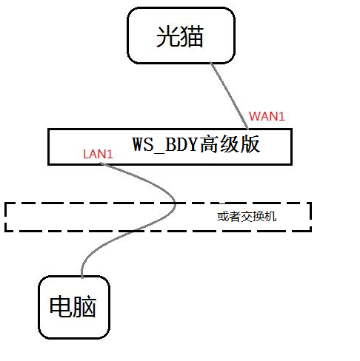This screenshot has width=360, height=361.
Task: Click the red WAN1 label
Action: click(x=267, y=116)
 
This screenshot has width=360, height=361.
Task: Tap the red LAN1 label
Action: click(x=98, y=154)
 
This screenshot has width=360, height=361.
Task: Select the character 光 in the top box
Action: click(x=168, y=36)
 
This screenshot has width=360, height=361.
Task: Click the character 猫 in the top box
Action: click(x=192, y=36)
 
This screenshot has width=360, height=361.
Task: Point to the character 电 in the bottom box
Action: click(x=61, y=306)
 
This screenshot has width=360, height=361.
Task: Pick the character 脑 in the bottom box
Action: click(x=84, y=306)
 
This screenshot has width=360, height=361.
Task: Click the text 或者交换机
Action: click(x=247, y=217)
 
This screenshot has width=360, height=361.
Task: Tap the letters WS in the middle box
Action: click(x=143, y=144)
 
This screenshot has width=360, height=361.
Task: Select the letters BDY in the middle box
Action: click(x=181, y=144)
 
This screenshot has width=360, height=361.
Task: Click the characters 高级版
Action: click(x=230, y=144)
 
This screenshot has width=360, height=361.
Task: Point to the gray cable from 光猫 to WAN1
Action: click(x=230, y=95)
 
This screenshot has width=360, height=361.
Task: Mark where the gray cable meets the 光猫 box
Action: click(x=211, y=63)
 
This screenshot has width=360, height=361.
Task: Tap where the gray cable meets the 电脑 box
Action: click(x=82, y=277)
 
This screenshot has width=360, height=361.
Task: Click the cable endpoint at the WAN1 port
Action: click(x=247, y=129)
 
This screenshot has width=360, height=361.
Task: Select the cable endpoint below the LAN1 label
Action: click(x=101, y=163)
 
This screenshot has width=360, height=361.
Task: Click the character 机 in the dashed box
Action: click(x=270, y=217)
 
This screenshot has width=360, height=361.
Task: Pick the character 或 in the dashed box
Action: click(x=223, y=217)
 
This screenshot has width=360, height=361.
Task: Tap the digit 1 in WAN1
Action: click(x=281, y=116)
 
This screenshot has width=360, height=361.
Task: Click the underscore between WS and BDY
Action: click(x=159, y=152)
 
